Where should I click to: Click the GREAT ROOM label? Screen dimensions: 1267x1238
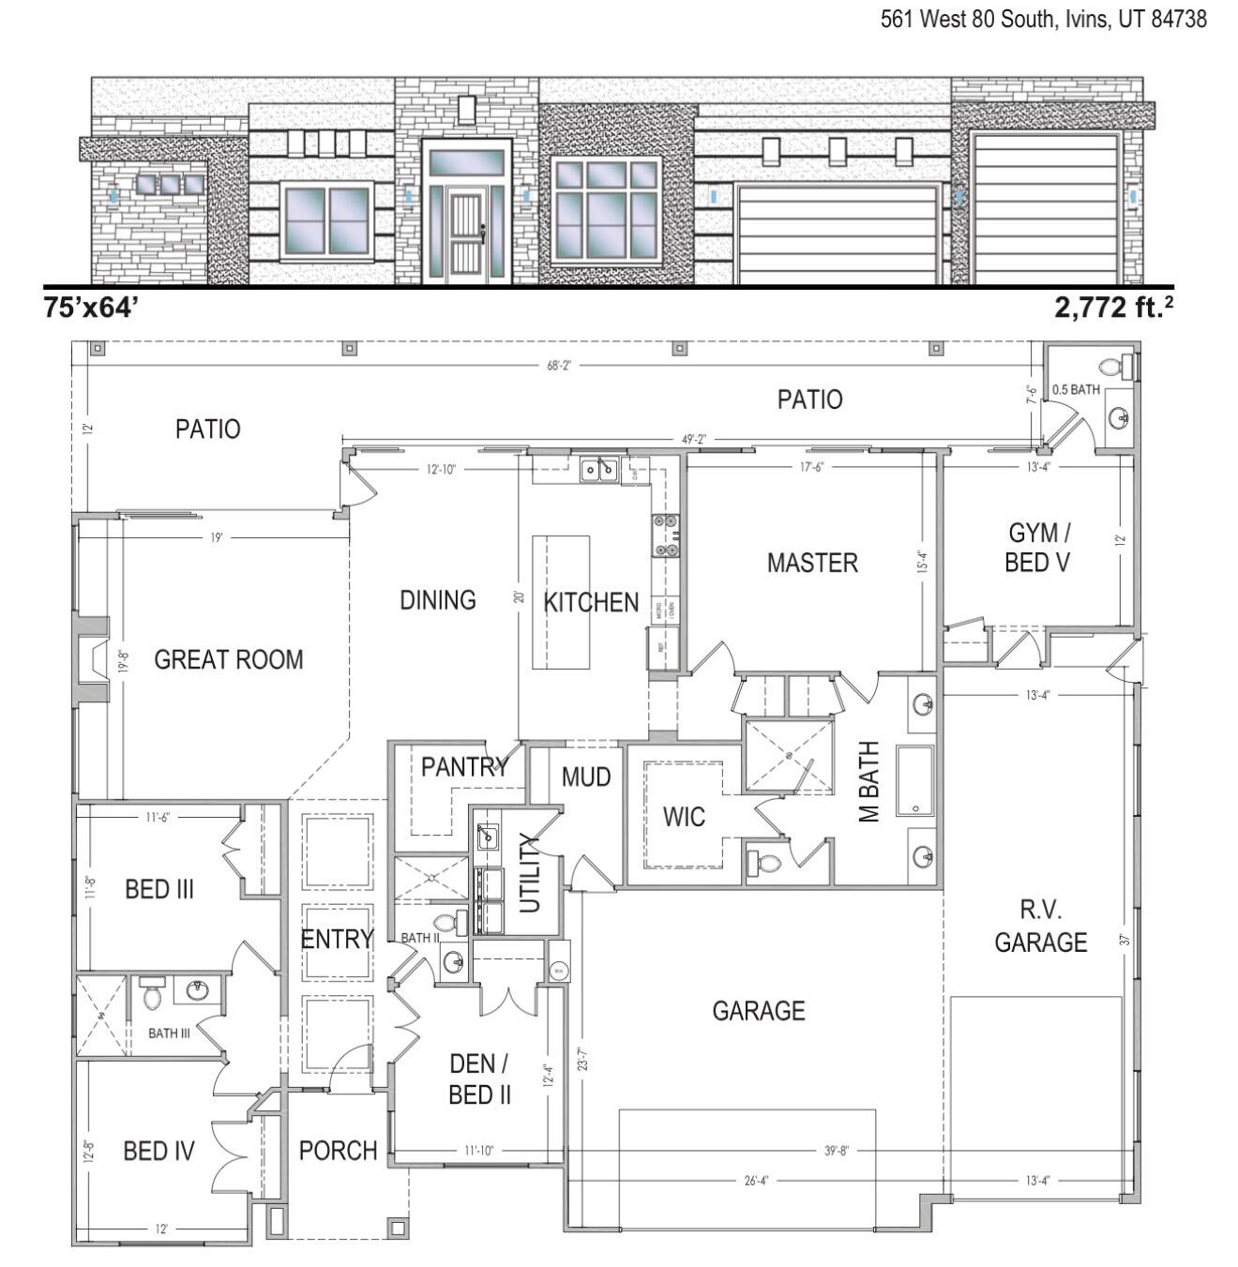[x=228, y=659]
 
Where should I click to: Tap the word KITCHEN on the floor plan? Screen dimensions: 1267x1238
[x=591, y=602]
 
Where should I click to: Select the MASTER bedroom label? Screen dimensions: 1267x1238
[x=812, y=563]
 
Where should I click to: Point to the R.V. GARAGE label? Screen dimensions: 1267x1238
[x=1040, y=927]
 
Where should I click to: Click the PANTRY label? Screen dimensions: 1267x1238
[x=463, y=767]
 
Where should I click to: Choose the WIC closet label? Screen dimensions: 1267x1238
[x=684, y=817]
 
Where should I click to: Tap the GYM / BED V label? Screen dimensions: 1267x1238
[x=1038, y=547]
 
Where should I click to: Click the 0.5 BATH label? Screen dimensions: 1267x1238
[x=1076, y=389]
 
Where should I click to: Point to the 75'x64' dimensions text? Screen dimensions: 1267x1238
[x=91, y=308]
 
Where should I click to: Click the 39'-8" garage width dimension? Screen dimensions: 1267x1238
[x=837, y=1151]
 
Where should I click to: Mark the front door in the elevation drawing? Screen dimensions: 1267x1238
[x=465, y=234]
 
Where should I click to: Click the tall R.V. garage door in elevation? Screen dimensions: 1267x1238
[x=1045, y=208]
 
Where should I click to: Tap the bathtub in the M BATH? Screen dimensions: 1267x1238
[x=914, y=780]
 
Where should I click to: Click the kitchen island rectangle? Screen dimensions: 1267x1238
[x=561, y=602]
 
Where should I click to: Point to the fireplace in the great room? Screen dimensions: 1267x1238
[x=92, y=659]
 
